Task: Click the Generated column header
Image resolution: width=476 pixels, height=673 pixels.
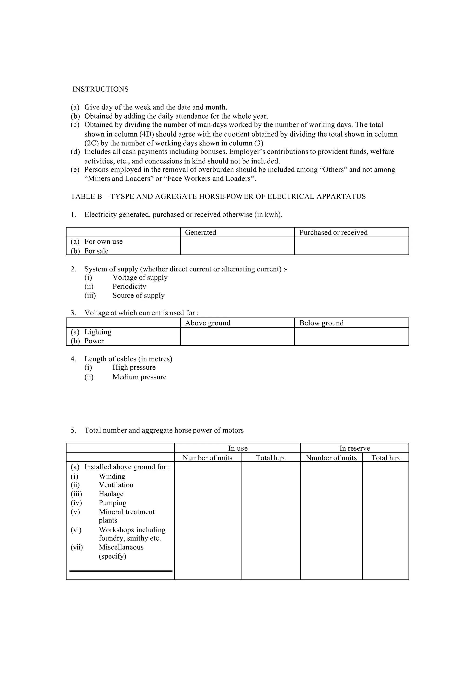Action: point(201,232)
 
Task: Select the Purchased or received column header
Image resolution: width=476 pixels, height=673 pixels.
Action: point(333,232)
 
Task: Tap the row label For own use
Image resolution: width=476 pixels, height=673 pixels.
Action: point(103,241)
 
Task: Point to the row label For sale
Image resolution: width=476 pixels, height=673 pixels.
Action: point(96,251)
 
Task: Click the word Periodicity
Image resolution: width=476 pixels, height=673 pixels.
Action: point(129,286)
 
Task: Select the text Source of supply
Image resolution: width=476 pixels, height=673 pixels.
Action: point(138,295)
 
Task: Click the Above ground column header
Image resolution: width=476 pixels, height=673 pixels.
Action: point(208,323)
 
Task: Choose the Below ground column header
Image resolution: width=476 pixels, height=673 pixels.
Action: point(321,323)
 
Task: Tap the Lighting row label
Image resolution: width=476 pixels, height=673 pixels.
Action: point(98,332)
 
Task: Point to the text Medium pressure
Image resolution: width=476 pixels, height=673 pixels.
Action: point(139,377)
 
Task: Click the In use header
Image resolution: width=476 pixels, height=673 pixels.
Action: point(238,448)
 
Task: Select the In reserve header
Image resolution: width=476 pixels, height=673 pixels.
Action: point(355,448)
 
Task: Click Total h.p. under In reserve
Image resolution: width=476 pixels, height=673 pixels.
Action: point(386,458)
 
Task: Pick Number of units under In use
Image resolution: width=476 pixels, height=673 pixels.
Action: point(207,458)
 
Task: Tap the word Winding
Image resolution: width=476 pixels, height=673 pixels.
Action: point(112,476)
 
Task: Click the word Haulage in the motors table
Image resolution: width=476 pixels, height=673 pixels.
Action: point(111,494)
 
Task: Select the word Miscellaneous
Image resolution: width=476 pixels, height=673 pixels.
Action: point(121,547)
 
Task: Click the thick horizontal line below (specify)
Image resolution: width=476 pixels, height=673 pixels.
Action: point(121,571)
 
